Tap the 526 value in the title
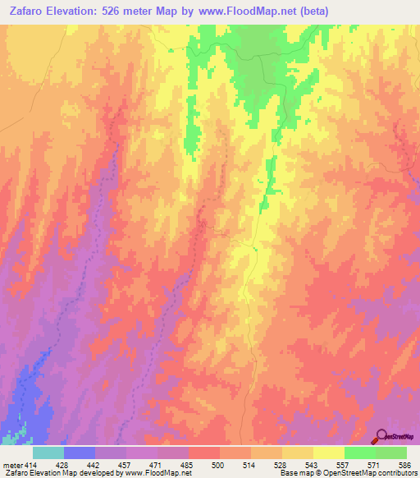[x=134, y=11]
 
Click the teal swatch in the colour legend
[x=48, y=453]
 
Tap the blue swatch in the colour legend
[x=79, y=453]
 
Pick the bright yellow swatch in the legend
[x=328, y=453]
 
